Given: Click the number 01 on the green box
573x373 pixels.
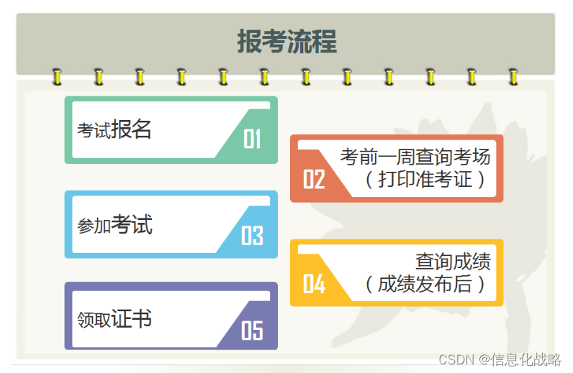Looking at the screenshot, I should point(252,139).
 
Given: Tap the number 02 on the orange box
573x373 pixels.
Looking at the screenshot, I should point(314,179).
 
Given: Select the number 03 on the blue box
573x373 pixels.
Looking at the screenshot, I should point(252,236).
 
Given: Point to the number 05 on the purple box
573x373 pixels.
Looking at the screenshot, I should point(252,330).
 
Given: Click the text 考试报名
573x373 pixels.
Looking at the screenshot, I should point(114,130).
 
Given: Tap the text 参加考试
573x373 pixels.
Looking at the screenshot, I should point(115,226).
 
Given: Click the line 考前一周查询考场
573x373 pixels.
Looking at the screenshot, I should point(415,156).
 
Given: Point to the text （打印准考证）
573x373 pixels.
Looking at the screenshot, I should point(425,178).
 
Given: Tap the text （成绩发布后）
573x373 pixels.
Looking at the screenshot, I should point(425,284).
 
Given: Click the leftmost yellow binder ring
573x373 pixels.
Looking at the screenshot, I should point(57,76).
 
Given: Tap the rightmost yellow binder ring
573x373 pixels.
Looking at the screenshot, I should point(513,76).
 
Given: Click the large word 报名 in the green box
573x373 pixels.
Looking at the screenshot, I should point(131,129).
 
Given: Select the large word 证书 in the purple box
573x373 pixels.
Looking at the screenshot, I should point(132,318).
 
